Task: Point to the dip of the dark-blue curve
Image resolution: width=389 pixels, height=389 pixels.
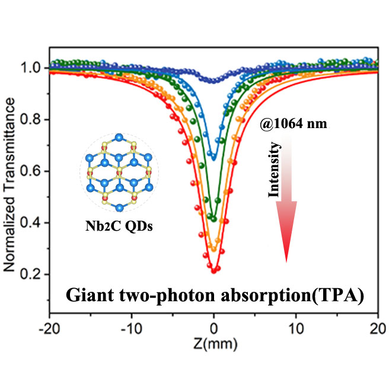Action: [214, 80]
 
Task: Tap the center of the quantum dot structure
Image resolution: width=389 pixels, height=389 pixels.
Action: [120, 173]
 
